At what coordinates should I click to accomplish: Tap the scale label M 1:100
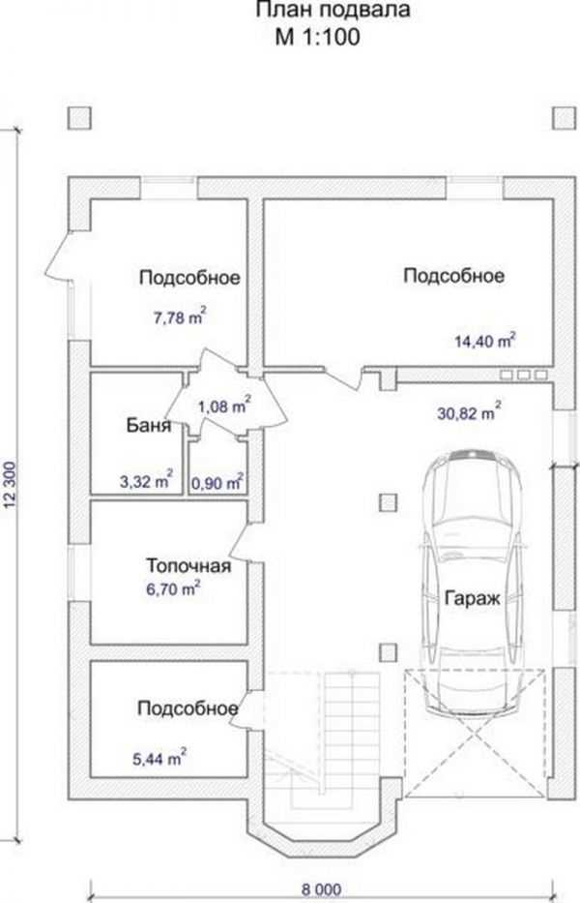pos(318,37)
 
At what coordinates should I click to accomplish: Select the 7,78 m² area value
pos(180,316)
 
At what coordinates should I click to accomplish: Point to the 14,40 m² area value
pos(484,341)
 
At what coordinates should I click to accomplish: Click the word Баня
pos(149,426)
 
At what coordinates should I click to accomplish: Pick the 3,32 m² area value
pos(146,480)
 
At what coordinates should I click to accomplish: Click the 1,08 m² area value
pos(224,406)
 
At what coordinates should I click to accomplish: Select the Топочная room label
pos(188,565)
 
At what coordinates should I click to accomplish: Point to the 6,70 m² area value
pos(174,589)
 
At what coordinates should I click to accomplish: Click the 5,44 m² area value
pos(159,759)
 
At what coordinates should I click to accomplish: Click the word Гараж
pos(473,599)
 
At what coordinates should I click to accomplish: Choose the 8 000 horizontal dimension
pos(322,889)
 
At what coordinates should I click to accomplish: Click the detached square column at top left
pos(80,119)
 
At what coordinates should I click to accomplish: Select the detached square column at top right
pos(565,119)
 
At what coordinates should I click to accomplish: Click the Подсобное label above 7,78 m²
pos(189,278)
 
